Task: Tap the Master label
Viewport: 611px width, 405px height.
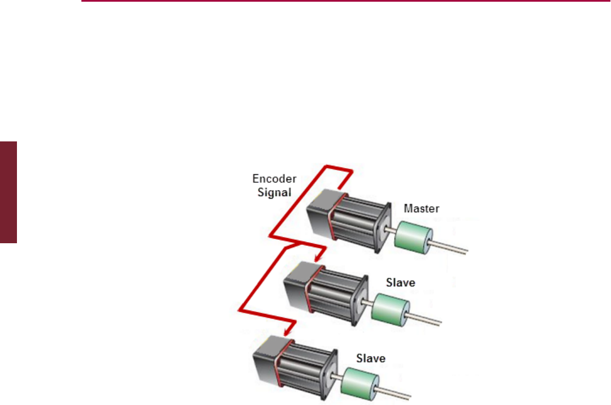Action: click(x=421, y=209)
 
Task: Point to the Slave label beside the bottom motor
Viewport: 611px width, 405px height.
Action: click(x=371, y=358)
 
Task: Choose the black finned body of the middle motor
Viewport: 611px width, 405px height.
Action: click(x=333, y=295)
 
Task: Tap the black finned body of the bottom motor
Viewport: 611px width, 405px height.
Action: click(x=305, y=368)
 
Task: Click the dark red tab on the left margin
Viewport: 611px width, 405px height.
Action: click(x=8, y=192)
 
